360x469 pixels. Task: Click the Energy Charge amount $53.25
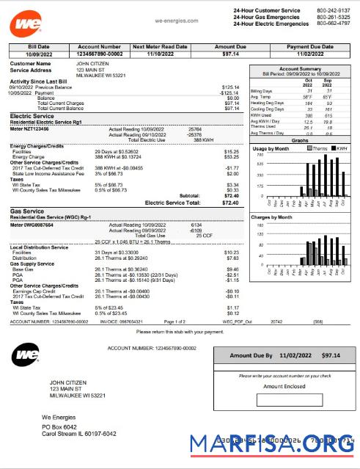tap(231, 156)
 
